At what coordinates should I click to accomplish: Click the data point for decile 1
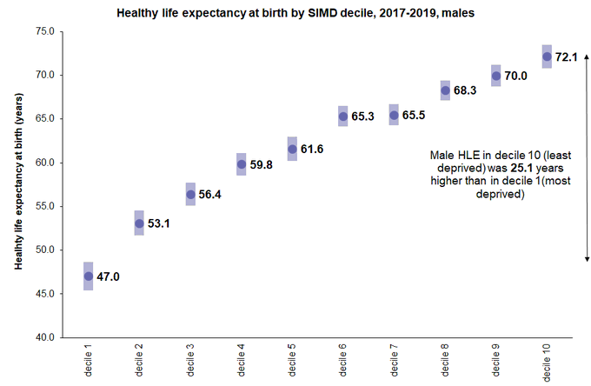click(89, 276)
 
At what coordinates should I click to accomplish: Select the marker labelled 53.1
click(139, 223)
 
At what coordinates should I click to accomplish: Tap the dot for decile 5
click(292, 149)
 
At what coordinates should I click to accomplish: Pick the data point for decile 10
click(547, 57)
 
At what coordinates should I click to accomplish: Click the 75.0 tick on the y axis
click(43, 31)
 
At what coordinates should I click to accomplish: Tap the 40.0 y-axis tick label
click(43, 337)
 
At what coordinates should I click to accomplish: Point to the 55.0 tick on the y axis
click(43, 206)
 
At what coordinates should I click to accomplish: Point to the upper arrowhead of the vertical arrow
click(587, 57)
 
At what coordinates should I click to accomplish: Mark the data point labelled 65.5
click(394, 115)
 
